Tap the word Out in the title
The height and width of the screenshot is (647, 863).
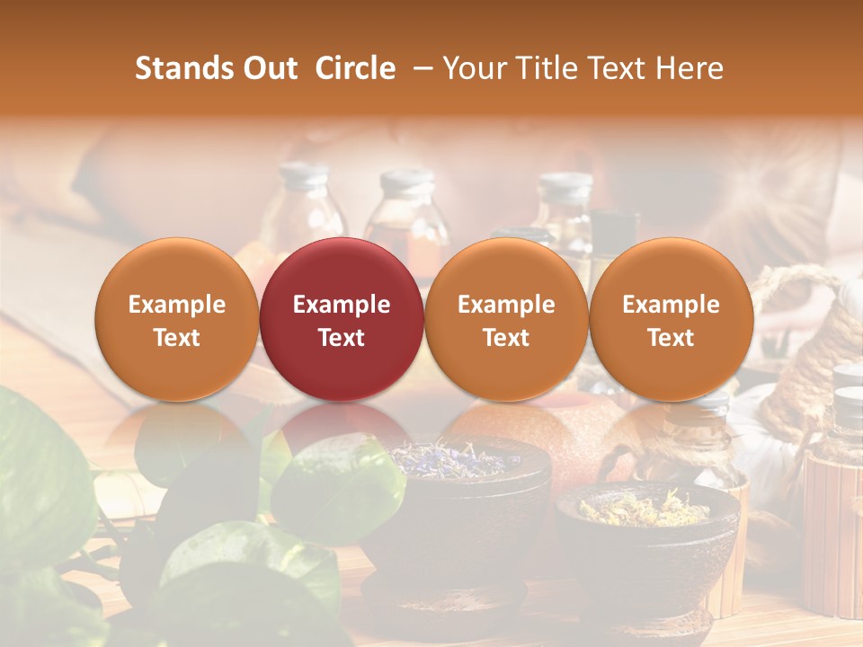(x=270, y=68)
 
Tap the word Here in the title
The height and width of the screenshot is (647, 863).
(x=691, y=68)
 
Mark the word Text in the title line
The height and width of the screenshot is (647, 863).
(x=618, y=68)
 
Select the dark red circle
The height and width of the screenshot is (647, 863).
(x=342, y=320)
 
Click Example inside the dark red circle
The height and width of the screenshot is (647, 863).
(x=342, y=305)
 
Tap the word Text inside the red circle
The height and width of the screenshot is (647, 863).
(x=342, y=338)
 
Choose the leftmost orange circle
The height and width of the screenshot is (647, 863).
(x=177, y=320)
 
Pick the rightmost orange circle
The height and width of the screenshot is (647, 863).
(x=672, y=320)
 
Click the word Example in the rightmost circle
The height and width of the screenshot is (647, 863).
(x=672, y=305)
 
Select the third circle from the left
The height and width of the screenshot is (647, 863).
(x=506, y=320)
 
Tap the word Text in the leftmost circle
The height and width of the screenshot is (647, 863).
(x=177, y=338)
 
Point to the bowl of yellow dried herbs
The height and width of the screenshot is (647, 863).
(x=647, y=539)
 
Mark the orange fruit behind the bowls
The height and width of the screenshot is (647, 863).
(x=575, y=440)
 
